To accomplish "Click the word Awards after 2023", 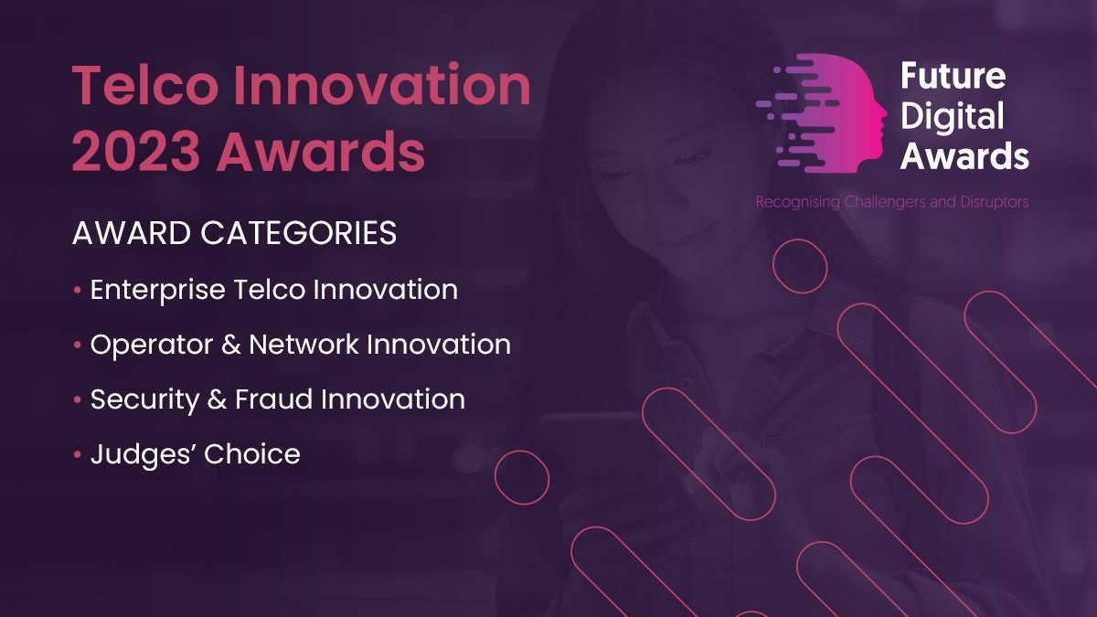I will pos(321,152).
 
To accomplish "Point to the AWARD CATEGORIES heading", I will pos(234,233).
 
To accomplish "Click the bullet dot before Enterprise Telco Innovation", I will pos(77,291).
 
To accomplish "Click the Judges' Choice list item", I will pos(195,454).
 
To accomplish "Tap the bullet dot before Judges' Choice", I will pos(77,454).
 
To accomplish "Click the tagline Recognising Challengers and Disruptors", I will pos(891,202).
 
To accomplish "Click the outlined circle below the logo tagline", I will pos(800,266).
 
